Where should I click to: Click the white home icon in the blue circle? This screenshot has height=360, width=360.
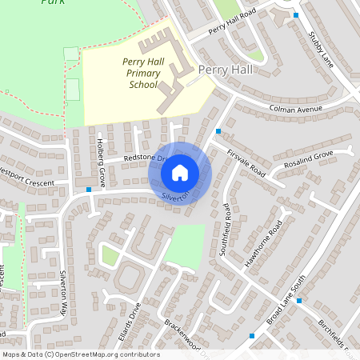click(180, 172)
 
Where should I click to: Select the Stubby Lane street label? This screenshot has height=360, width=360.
click(321, 47)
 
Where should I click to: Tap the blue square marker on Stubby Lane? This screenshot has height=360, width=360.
click(296, 15)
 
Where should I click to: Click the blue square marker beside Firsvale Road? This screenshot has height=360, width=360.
click(218, 130)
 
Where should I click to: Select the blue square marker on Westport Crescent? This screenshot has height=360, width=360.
click(88, 190)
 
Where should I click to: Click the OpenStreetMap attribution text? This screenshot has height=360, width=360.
click(80, 354)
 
